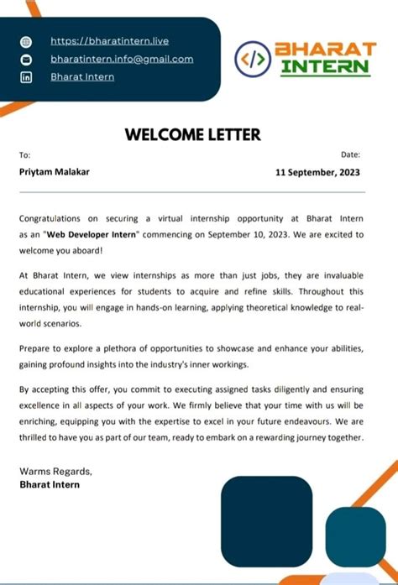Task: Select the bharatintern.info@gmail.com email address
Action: [x=122, y=59]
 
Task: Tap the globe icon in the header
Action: [x=25, y=41]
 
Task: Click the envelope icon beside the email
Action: [x=25, y=60]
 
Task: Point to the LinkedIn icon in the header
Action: [x=25, y=78]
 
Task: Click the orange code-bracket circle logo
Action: [x=254, y=59]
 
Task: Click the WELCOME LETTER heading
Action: [x=193, y=134]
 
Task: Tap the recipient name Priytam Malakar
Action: [x=55, y=171]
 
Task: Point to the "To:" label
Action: [x=25, y=154]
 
